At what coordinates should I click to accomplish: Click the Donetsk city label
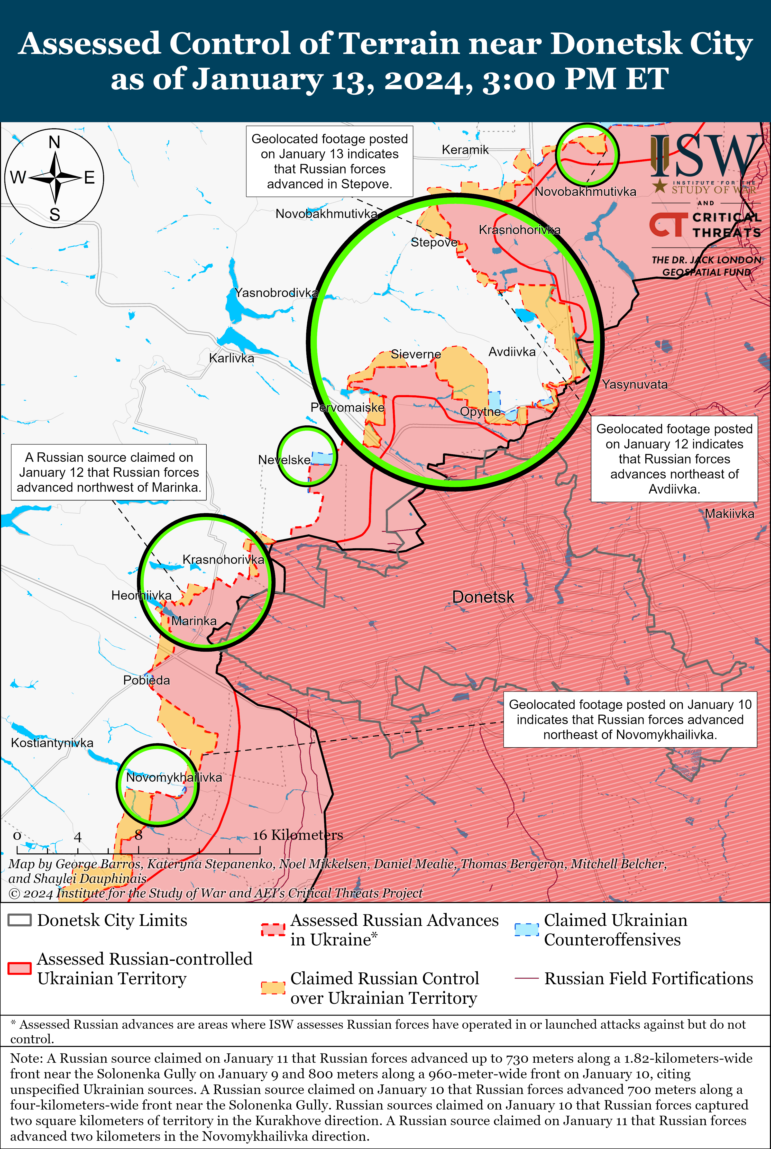(x=483, y=597)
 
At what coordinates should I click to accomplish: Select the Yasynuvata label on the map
(x=635, y=385)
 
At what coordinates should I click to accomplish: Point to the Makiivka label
(x=729, y=514)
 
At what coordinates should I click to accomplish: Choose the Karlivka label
(x=232, y=358)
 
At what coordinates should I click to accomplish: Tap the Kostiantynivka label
(x=52, y=742)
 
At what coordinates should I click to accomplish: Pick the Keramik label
(x=465, y=149)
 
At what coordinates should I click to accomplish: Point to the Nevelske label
(x=284, y=460)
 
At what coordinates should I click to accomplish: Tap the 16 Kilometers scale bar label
(x=298, y=835)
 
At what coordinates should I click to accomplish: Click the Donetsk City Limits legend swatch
(x=20, y=920)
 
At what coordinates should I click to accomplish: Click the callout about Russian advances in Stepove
(x=329, y=161)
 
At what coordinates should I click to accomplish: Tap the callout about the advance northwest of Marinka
(x=109, y=472)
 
